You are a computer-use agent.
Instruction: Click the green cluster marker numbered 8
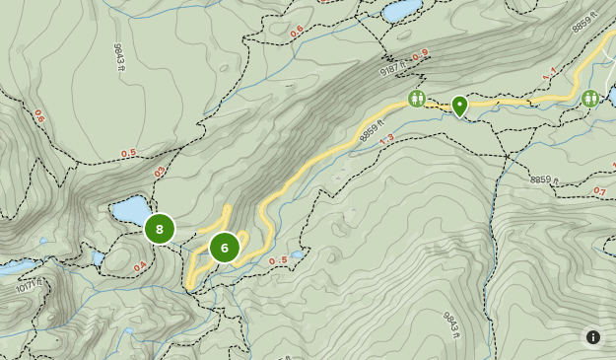tap(159, 229)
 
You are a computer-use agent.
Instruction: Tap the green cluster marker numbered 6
tap(224, 248)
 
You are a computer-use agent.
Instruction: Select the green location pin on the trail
tap(459, 106)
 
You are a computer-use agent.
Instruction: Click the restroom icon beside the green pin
tap(418, 99)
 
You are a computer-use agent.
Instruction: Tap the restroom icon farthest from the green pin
tap(590, 98)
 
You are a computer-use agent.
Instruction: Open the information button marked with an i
tap(593, 337)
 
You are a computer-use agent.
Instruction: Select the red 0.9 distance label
tap(421, 55)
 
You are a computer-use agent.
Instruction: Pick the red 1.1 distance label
tap(549, 72)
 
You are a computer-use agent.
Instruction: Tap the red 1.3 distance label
tap(385, 138)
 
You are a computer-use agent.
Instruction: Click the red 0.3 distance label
tap(160, 173)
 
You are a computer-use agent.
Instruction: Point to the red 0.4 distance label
tap(140, 266)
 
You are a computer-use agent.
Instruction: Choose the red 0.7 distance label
tap(599, 191)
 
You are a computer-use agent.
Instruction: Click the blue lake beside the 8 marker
tap(129, 209)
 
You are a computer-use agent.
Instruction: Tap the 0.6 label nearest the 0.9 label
tap(297, 32)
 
